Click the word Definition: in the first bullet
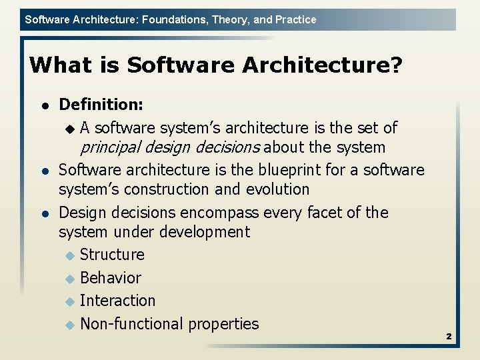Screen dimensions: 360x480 [101, 105]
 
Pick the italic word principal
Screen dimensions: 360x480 [107, 147]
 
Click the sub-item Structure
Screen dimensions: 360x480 [112, 255]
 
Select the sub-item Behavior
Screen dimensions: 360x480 [111, 278]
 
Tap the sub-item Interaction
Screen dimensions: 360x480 [117, 301]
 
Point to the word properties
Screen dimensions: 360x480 [223, 324]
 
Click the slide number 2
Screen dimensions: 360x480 [449, 337]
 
